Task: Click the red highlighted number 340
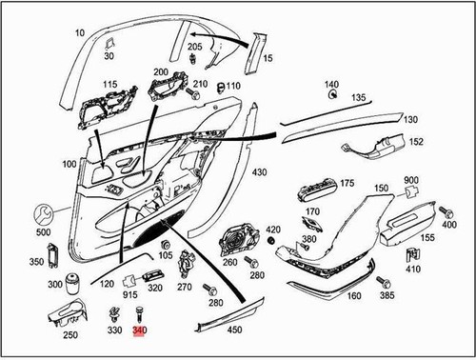point(140,330)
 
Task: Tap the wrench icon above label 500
point(44,214)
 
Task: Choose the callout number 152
point(415,142)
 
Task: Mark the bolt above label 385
point(385,282)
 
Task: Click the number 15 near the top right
point(268,59)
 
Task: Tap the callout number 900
point(411,181)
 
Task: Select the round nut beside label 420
point(272,242)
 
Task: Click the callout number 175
point(347,183)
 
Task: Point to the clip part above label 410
point(413,254)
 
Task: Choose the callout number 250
point(69,334)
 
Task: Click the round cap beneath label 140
point(331,95)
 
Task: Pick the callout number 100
point(69,165)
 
